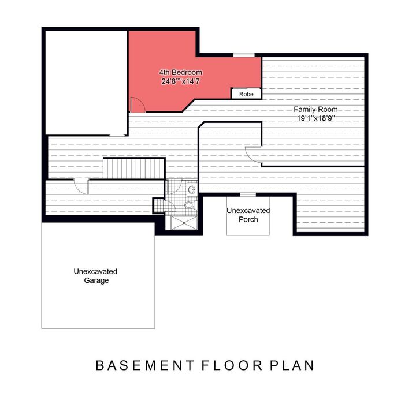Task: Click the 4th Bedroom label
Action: pos(181,72)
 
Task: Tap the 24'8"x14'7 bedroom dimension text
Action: pos(180,81)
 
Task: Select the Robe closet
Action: pos(246,93)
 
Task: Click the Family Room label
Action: pos(315,110)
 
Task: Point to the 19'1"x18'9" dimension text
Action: pos(315,118)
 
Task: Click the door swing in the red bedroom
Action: pos(138,104)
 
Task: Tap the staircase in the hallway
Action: pos(134,169)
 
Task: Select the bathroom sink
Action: pos(191,189)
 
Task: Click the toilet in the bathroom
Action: pos(190,205)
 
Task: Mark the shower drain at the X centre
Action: pos(184,223)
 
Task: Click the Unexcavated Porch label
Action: pos(248,215)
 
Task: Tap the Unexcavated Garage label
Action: pos(96,276)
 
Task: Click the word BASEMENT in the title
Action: pos(145,365)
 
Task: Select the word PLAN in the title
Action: pos(292,365)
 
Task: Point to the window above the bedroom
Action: pos(244,55)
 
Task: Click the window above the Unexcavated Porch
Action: pos(248,194)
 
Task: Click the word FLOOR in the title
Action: pos(232,365)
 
